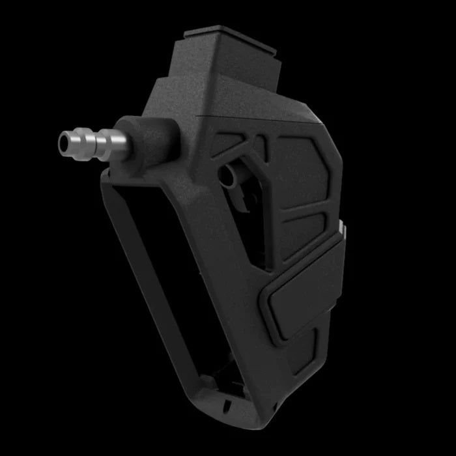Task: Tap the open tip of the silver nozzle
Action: (x=63, y=139)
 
